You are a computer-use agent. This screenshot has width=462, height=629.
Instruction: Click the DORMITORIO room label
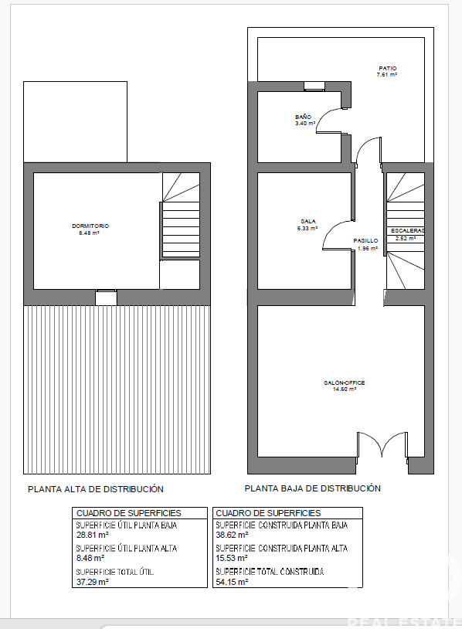pyautogui.click(x=90, y=226)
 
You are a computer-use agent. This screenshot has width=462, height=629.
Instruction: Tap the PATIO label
pyautogui.click(x=387, y=69)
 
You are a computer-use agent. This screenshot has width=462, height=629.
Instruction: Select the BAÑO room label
pyautogui.click(x=303, y=117)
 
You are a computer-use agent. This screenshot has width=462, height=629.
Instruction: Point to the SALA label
pyautogui.click(x=308, y=222)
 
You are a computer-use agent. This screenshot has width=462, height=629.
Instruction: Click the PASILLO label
pyautogui.click(x=365, y=240)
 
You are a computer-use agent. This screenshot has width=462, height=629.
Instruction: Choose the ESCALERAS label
pyautogui.click(x=407, y=231)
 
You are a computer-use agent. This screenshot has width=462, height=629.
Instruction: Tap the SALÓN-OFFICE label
pyautogui.click(x=345, y=382)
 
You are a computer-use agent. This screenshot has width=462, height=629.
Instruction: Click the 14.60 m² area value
pyautogui.click(x=345, y=389)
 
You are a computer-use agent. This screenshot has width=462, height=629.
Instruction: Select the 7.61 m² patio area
pyautogui.click(x=386, y=75)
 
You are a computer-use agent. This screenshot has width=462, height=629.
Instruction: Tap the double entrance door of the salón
pyautogui.click(x=382, y=444)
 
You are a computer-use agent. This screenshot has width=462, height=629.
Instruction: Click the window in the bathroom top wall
pyautogui.click(x=314, y=87)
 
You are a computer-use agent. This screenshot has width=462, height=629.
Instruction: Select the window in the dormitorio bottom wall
pyautogui.click(x=107, y=297)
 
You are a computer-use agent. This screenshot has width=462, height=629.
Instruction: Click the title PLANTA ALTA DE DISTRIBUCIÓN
pyautogui.click(x=96, y=489)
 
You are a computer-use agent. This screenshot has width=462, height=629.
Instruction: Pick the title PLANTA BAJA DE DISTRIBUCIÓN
pyautogui.click(x=312, y=488)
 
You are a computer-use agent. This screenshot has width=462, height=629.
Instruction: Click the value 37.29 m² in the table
pyautogui.click(x=92, y=582)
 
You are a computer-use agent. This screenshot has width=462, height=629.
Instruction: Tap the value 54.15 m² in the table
pyautogui.click(x=232, y=582)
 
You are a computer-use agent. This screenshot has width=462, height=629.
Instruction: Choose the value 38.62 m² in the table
pyautogui.click(x=232, y=535)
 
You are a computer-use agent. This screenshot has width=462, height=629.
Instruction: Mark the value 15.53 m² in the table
pyautogui.click(x=232, y=558)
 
